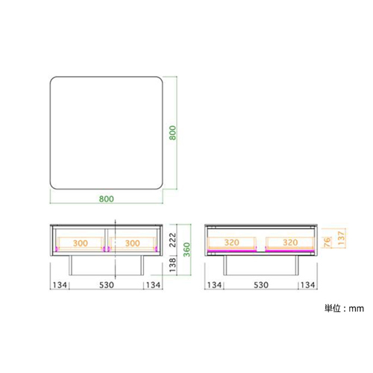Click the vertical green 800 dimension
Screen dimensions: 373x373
172,133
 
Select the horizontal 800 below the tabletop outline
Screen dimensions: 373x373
107,199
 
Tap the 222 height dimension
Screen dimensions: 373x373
172,240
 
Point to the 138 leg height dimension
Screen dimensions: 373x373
172,265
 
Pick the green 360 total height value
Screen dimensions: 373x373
186,249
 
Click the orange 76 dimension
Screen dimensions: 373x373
327,242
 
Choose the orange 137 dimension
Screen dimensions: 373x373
342,238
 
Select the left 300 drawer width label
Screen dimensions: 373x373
81,243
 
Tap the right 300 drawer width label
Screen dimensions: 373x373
132,243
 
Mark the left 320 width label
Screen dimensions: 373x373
232,242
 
